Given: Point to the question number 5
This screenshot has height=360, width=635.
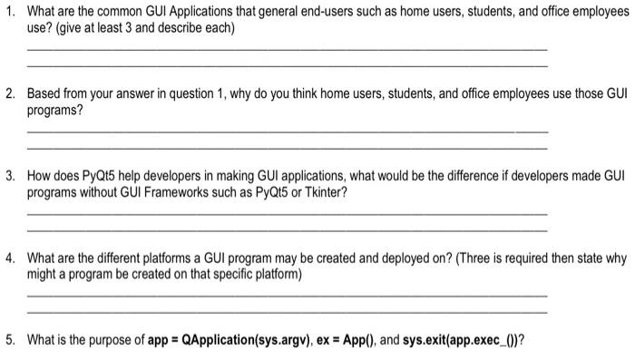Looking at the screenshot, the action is pos(8,341).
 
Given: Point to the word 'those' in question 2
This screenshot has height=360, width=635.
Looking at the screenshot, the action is pos(573,94).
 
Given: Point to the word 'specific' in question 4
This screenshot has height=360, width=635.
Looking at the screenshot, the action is pos(251,248).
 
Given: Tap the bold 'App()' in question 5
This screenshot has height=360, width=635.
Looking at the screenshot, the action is pos(350,341).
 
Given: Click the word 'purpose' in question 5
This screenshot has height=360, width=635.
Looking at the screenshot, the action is pos(109,341).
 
